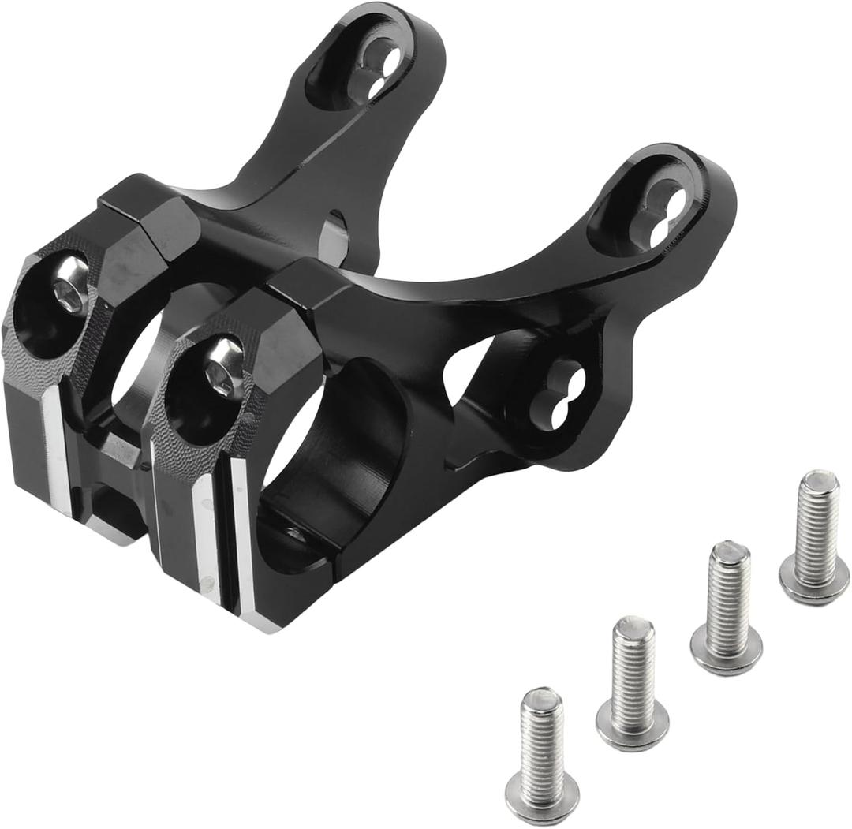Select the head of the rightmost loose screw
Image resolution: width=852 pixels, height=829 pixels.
813,584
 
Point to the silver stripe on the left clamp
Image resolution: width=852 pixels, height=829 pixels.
58,450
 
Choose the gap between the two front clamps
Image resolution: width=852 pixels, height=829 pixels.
118,489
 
